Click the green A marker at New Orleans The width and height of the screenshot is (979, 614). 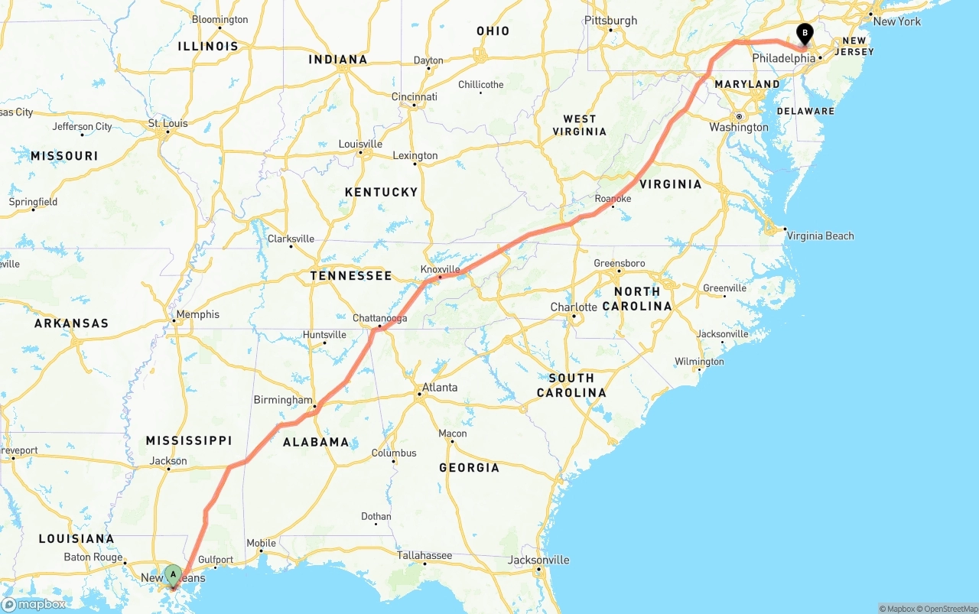point(173,573)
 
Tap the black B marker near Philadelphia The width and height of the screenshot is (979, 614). point(805,33)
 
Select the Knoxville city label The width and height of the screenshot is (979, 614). point(441,269)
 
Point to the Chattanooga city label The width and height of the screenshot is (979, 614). point(379,318)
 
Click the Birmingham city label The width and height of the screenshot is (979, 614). point(283,400)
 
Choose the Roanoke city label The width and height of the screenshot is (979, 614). point(613,199)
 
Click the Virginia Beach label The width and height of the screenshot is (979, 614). point(820,236)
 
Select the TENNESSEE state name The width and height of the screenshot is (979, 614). point(351,275)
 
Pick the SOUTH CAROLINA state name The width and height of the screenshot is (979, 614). point(571,385)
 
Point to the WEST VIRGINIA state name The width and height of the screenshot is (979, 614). point(580,125)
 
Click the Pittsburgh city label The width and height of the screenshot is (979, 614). point(610,21)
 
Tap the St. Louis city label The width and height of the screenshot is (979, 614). point(168,123)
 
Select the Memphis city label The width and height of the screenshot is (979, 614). point(197,314)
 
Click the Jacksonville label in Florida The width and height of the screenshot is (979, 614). point(540,560)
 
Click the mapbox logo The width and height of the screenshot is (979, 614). point(34,604)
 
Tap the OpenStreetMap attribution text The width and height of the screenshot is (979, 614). point(948,609)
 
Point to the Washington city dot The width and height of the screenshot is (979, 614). point(739,116)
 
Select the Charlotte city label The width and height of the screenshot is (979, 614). point(574,307)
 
